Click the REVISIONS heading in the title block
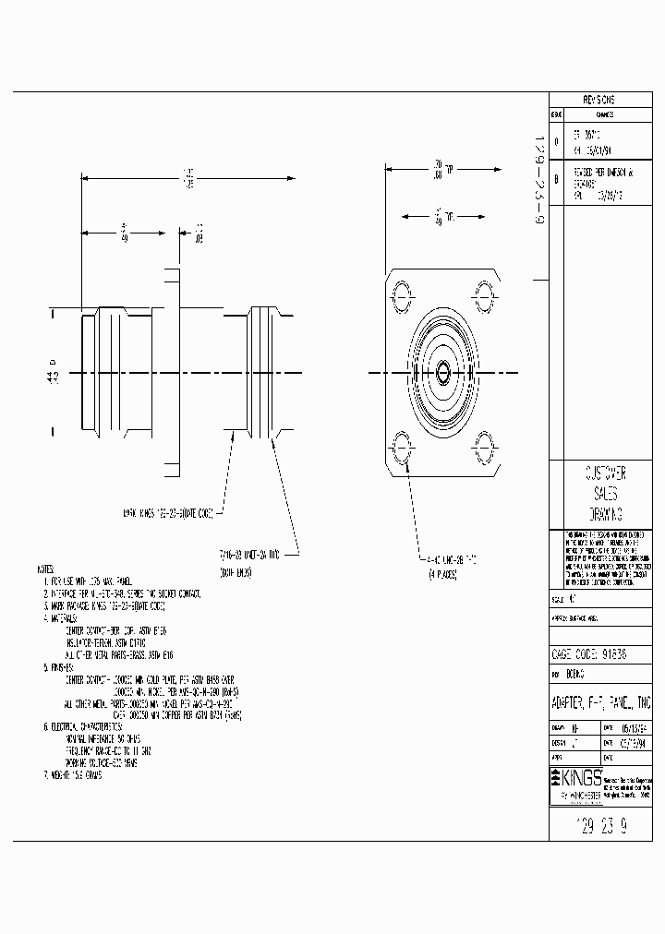pyautogui.click(x=600, y=100)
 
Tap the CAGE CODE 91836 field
pyautogui.click(x=600, y=654)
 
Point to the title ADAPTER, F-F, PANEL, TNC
pyautogui.click(x=600, y=703)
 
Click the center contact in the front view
pyautogui.click(x=442, y=373)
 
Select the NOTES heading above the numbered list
pyautogui.click(x=45, y=569)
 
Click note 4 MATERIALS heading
pyautogui.click(x=61, y=619)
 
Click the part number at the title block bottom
pyautogui.click(x=600, y=825)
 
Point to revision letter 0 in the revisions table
pyautogui.click(x=556, y=140)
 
